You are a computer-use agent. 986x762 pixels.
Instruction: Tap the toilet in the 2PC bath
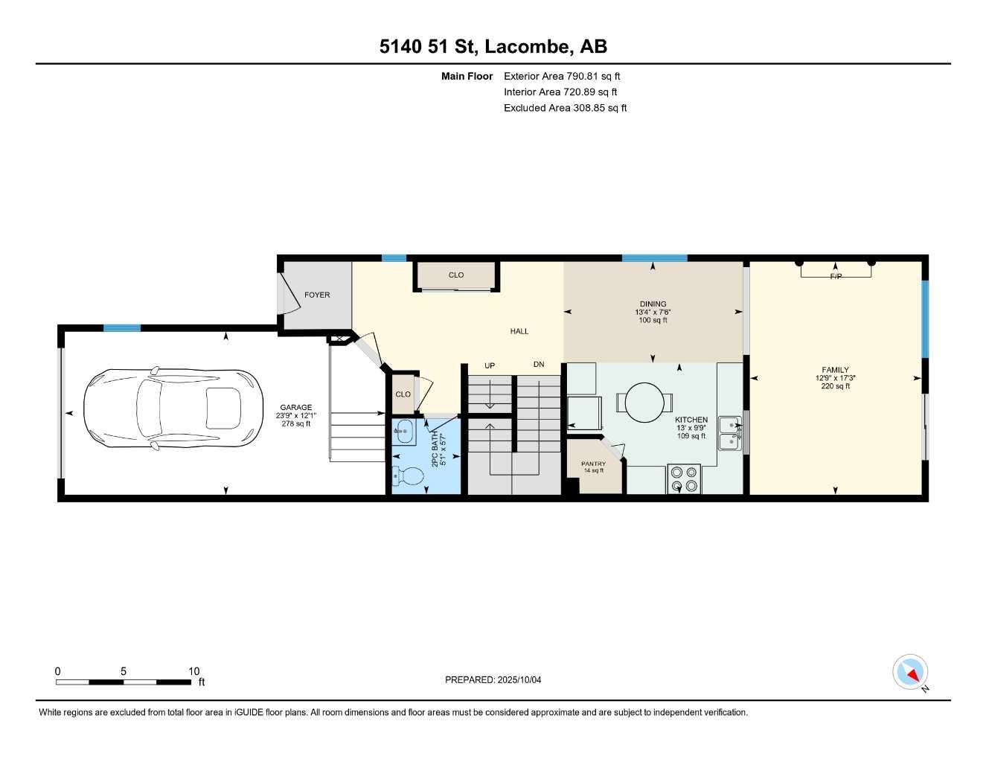click(409, 476)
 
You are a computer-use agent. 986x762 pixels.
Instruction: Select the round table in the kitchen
click(644, 402)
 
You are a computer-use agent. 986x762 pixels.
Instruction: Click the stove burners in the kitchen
click(684, 478)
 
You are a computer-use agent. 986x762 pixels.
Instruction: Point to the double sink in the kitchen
click(729, 434)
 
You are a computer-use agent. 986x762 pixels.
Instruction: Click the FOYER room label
click(317, 295)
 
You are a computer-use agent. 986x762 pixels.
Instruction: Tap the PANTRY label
click(593, 464)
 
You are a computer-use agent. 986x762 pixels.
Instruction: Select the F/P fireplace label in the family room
click(836, 277)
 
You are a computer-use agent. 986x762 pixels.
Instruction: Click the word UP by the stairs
click(490, 365)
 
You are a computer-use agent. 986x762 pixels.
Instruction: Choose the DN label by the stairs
click(539, 365)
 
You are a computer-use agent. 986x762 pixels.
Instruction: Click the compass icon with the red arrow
click(910, 672)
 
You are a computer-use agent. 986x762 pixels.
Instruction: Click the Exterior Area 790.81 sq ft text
click(562, 76)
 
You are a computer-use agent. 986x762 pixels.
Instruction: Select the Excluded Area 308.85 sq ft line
click(565, 108)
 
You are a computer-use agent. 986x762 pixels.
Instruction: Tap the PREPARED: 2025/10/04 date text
click(493, 679)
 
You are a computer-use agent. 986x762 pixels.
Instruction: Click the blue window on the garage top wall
click(122, 327)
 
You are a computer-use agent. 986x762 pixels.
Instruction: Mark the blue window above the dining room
click(654, 258)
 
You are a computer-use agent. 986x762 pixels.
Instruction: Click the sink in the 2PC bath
click(405, 429)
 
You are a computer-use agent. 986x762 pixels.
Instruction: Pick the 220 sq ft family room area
click(835, 386)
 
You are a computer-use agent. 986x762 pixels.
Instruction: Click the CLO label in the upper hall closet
click(456, 275)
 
